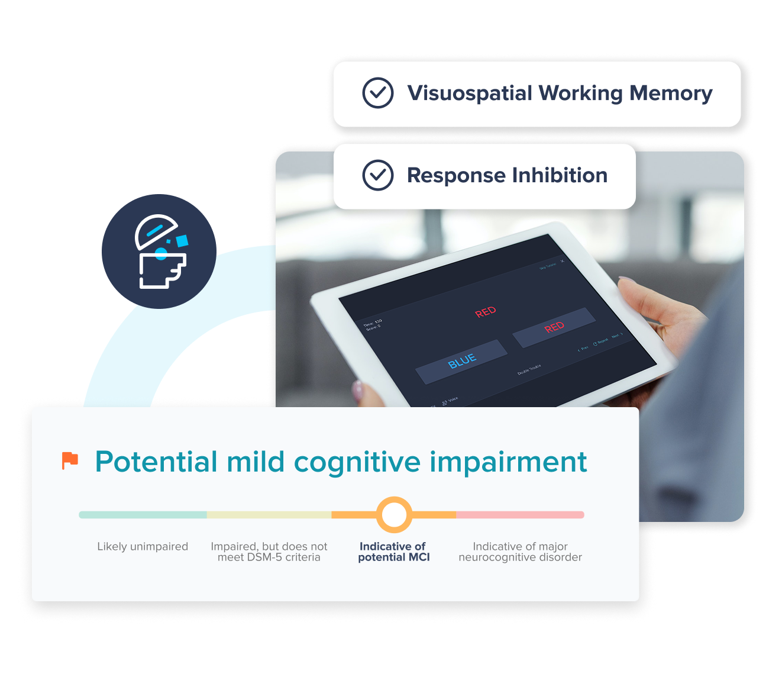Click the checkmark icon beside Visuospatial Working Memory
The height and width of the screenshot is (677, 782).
point(377,93)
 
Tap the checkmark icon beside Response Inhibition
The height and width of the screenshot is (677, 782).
point(377,175)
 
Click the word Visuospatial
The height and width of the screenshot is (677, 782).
point(470,94)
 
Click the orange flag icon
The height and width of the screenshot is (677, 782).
point(70,460)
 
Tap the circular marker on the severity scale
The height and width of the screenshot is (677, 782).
point(394,515)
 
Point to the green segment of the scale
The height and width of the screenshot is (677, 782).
point(143,515)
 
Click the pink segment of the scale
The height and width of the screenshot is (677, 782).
point(520,515)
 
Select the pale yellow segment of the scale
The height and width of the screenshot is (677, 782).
point(269,515)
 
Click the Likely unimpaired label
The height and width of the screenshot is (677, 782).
point(143,546)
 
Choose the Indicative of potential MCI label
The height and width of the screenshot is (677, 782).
point(393,552)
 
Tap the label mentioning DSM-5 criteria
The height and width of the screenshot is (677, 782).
point(269,552)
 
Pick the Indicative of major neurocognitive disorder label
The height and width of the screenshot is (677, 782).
point(520,552)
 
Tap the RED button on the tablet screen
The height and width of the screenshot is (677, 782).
point(554,327)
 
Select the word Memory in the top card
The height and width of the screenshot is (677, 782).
point(671,94)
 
